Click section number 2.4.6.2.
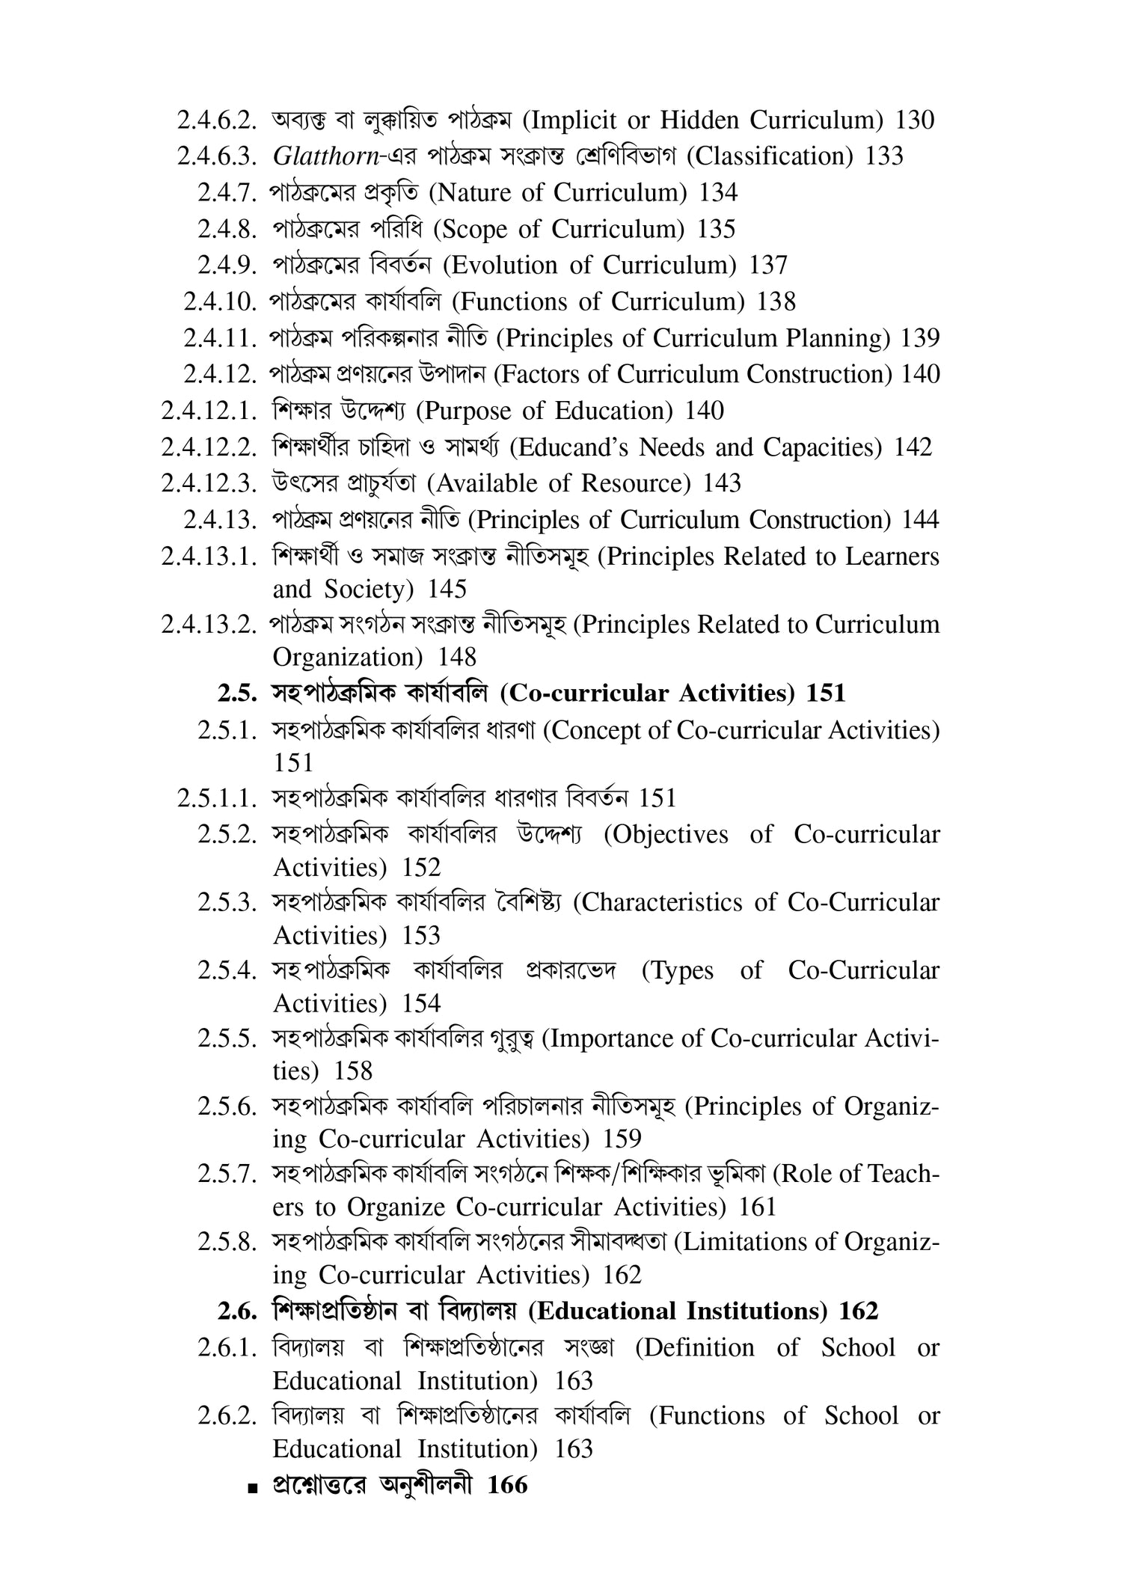[x=218, y=120]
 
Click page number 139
[x=920, y=338]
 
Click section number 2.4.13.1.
[x=209, y=557]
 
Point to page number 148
[x=457, y=658]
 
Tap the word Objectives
[x=666, y=834]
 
